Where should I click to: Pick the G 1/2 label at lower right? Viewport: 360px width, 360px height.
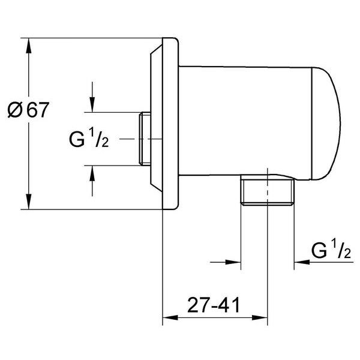pyautogui.click(x=331, y=251)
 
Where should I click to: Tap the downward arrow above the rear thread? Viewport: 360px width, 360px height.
pyautogui.click(x=92, y=104)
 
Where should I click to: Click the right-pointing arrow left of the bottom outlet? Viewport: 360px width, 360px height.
pyautogui.click(x=234, y=262)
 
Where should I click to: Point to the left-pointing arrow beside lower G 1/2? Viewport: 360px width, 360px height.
pyautogui.click(x=300, y=262)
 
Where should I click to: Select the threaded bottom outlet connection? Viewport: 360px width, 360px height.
pyautogui.click(x=267, y=192)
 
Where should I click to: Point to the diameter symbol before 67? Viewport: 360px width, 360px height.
pyautogui.click(x=15, y=110)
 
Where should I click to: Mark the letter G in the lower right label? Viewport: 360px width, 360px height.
pyautogui.click(x=319, y=251)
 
